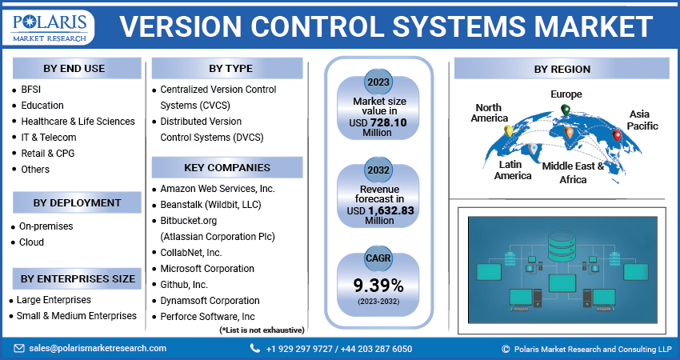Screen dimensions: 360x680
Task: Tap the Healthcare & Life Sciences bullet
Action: click(78, 122)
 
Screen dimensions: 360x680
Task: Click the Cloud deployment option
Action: click(31, 242)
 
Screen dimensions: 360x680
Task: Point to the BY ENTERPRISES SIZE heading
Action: click(78, 279)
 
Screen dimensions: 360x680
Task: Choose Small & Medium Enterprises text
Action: click(76, 316)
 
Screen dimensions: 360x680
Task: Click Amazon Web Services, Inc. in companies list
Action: click(217, 189)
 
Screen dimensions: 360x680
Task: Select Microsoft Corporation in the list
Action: click(207, 269)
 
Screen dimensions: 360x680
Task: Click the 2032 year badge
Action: click(378, 170)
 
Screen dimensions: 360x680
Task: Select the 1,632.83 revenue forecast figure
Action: click(395, 210)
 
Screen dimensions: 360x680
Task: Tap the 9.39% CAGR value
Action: click(378, 286)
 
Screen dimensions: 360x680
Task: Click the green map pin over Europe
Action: click(566, 110)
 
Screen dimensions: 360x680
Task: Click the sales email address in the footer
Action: click(98, 348)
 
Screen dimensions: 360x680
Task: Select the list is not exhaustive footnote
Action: click(262, 330)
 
